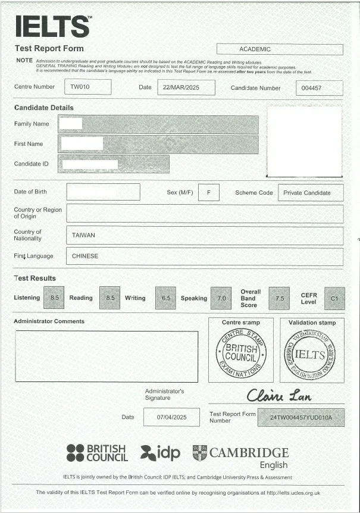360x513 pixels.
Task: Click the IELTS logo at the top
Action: tap(53, 26)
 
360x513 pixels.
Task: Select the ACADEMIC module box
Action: tap(279, 49)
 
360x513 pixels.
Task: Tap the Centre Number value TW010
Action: tap(87, 87)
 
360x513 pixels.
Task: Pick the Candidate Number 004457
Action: tap(319, 88)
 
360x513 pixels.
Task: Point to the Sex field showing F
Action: tap(208, 193)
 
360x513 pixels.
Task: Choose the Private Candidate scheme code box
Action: tap(311, 193)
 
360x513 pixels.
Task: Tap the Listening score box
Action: tap(54, 298)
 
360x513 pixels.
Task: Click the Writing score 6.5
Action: tap(165, 298)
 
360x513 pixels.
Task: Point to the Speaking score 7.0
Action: tap(221, 298)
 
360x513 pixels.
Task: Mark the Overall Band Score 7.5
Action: tap(279, 298)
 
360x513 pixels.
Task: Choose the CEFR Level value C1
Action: tap(334, 298)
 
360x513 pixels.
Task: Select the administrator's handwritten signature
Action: tap(278, 395)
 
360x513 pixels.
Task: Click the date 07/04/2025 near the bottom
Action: tap(171, 417)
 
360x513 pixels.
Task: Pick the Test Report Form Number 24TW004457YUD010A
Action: tap(300, 417)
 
